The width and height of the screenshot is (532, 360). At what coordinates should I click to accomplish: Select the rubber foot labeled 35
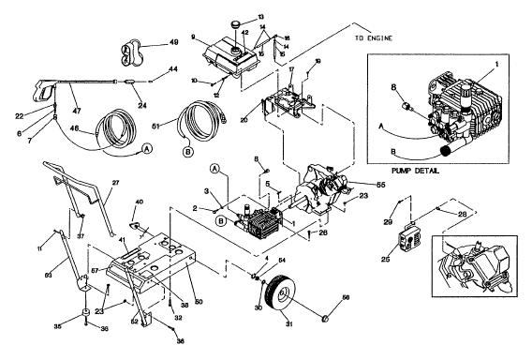pyautogui.click(x=84, y=313)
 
